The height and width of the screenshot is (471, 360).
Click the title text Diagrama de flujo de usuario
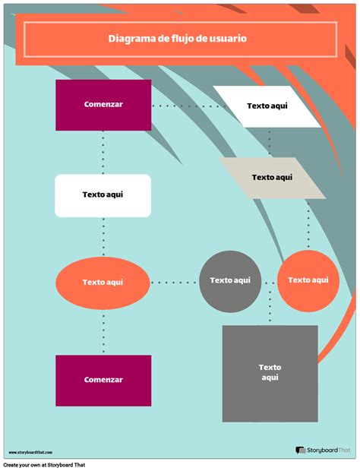tap(177, 39)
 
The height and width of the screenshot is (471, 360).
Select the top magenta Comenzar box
tap(103, 105)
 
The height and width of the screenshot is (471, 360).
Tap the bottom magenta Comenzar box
tap(103, 379)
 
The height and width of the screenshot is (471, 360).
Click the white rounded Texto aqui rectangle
tap(103, 195)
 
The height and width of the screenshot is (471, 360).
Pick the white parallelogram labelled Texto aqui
tap(267, 106)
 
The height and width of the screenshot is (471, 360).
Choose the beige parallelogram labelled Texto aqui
tap(272, 178)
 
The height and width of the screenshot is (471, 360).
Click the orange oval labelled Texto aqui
tap(103, 282)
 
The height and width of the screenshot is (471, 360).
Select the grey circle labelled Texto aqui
tap(230, 281)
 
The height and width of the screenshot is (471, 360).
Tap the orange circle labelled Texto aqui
tap(308, 281)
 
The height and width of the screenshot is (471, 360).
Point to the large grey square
tap(270, 373)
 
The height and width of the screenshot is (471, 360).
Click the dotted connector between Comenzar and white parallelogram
tap(182, 106)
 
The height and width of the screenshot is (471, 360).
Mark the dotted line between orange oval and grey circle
tap(174, 282)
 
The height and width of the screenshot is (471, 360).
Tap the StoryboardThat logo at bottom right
tap(323, 450)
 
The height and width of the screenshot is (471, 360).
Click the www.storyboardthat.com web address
tap(31, 452)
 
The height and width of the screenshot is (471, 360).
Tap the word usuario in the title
tap(229, 39)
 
